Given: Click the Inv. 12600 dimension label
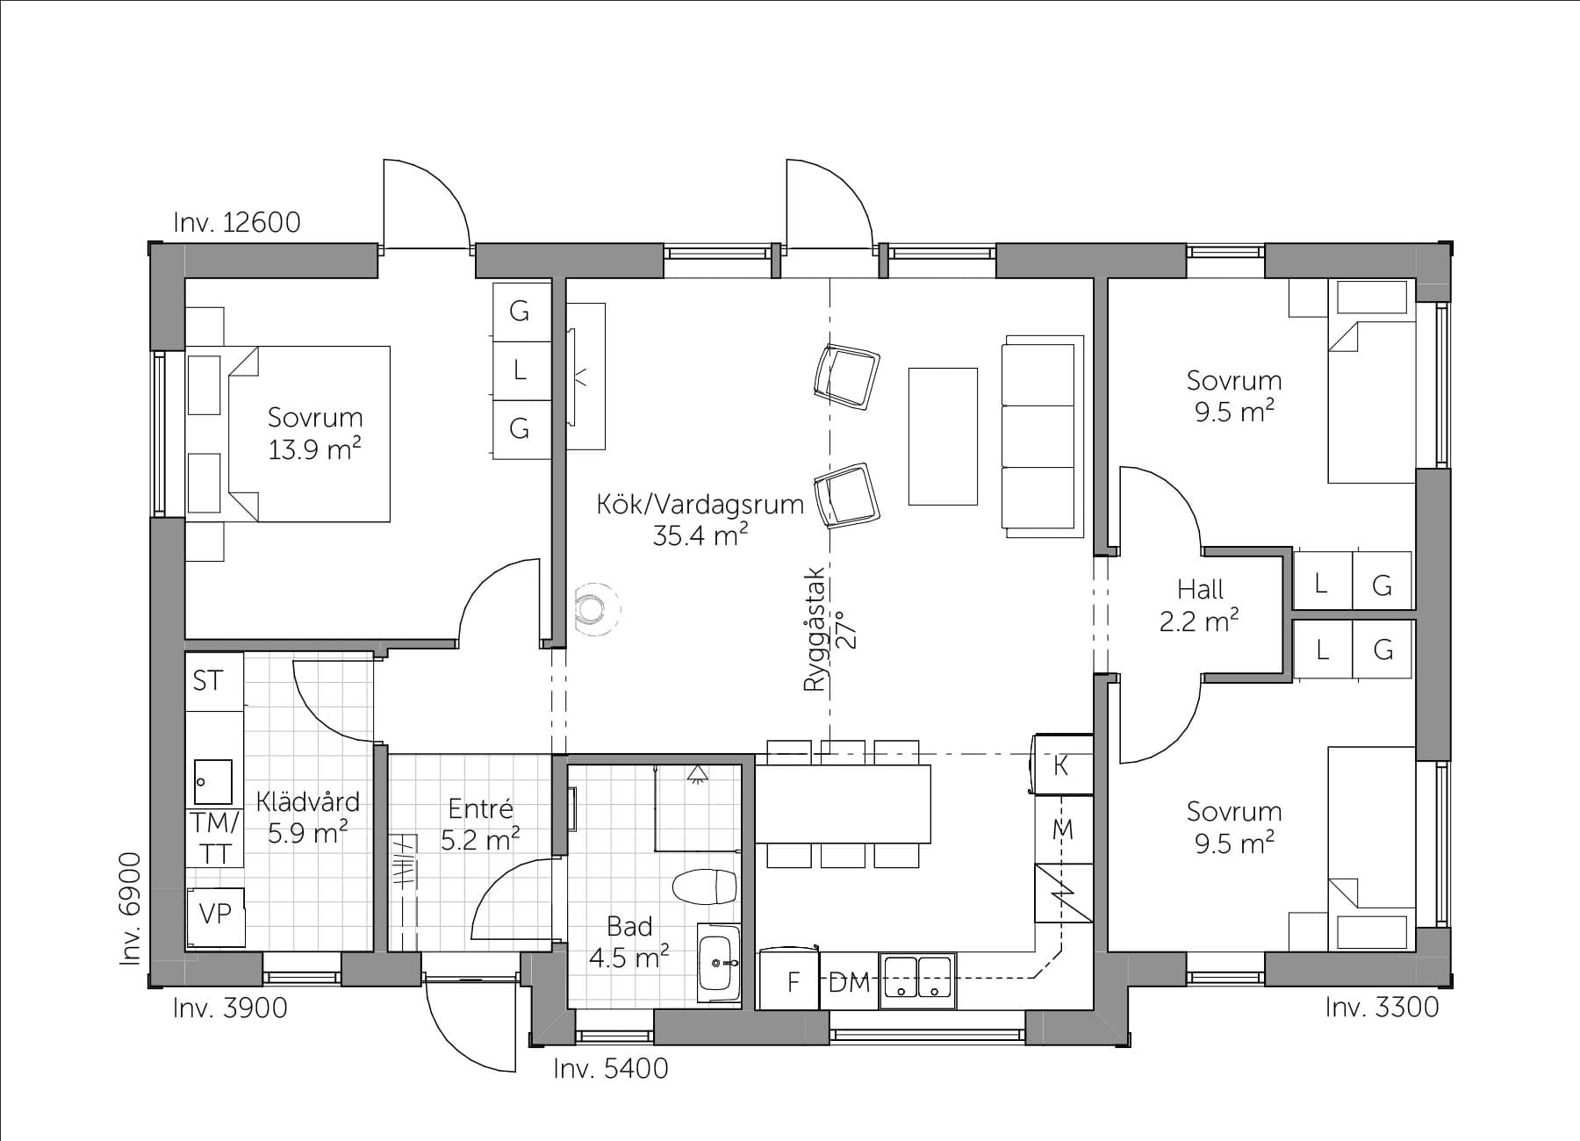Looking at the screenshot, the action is tap(237, 222).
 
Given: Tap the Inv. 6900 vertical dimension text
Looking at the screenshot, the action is tap(130, 909).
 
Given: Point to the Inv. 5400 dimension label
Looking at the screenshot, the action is tap(611, 1068).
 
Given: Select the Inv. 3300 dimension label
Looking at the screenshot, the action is tap(1382, 1007).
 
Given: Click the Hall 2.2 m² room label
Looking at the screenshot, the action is tap(1200, 605).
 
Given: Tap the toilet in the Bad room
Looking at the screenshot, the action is tap(704, 886).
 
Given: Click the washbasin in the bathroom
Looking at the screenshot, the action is tap(719, 962).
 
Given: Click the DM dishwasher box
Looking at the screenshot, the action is tap(849, 981).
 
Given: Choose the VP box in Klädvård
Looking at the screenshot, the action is tap(215, 916).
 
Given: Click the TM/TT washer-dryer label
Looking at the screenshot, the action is tap(214, 838).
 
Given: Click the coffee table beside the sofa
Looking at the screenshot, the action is tap(943, 436).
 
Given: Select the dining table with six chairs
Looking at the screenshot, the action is tap(843, 803).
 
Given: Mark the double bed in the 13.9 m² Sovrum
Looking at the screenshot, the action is tap(308, 434).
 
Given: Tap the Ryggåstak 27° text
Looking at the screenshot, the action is tap(827, 629).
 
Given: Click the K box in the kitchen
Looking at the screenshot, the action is tap(1063, 765).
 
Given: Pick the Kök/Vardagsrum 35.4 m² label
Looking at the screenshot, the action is tap(700, 520).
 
